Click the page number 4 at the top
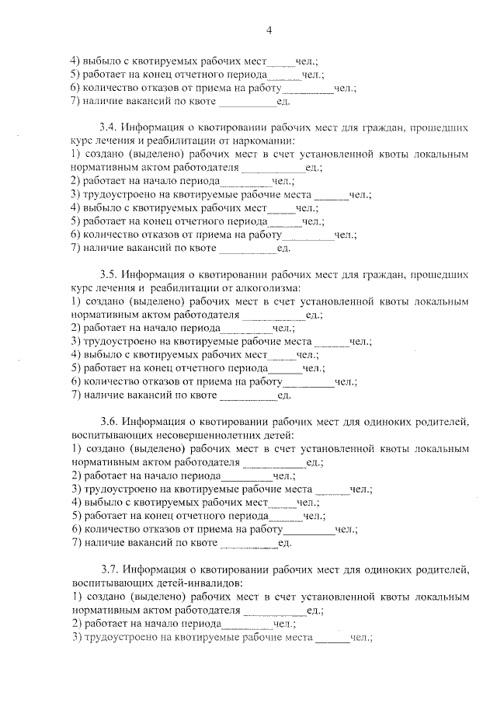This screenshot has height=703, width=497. coord(269,30)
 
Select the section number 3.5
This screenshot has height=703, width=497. coord(108,273)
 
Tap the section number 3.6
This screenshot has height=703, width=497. coord(109,422)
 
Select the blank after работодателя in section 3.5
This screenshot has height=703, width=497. coord(274,315)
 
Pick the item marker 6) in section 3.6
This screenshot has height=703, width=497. coord(76,530)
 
